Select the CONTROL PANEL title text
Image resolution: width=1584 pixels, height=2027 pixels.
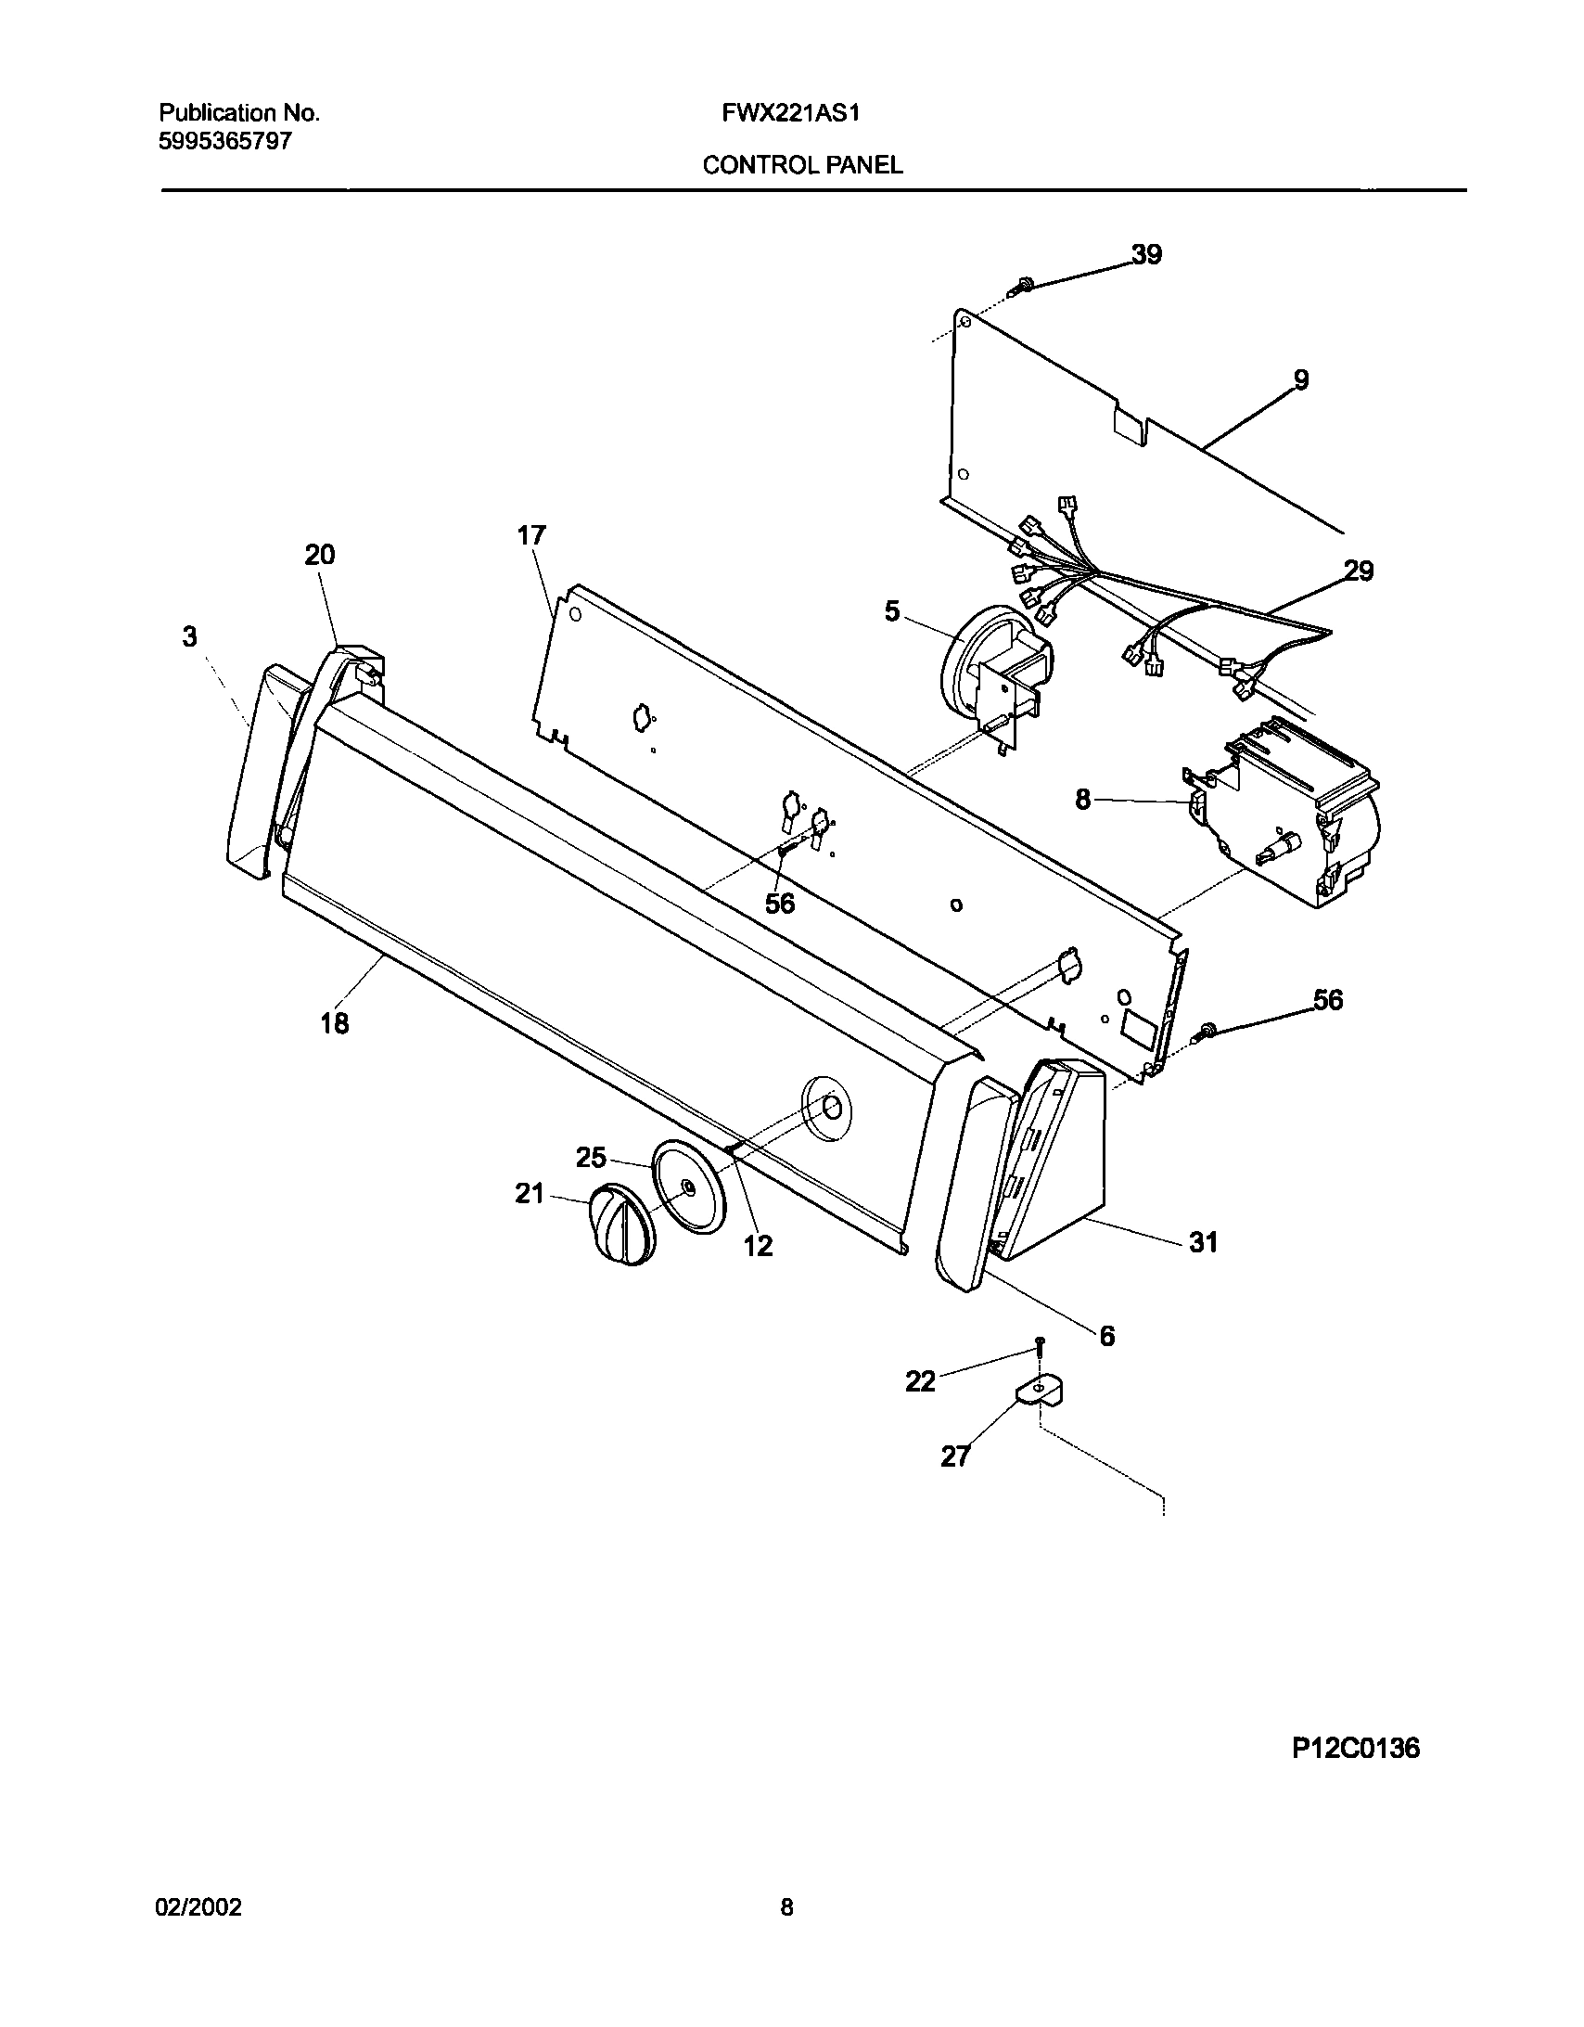[802, 165]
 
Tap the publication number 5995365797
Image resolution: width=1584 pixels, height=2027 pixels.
[225, 141]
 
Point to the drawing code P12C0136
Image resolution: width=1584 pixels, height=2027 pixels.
[1356, 1749]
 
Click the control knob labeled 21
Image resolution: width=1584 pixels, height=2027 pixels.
[620, 1224]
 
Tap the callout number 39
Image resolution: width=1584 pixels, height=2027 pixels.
[1147, 254]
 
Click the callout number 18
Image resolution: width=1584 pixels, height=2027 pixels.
[335, 1023]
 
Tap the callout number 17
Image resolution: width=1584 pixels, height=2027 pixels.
[531, 535]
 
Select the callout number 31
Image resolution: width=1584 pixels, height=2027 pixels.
[1204, 1241]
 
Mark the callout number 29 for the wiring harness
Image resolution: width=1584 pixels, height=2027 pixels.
[1359, 571]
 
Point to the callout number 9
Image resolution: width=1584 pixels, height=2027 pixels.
[1301, 378]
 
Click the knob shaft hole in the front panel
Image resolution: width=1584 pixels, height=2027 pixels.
[832, 1107]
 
